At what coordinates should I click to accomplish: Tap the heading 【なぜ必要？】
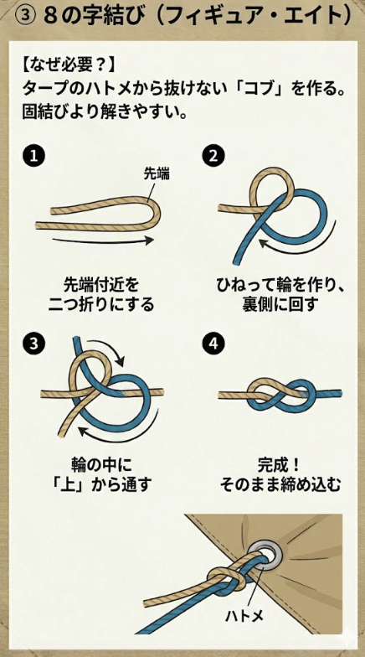pyautogui.click(x=67, y=65)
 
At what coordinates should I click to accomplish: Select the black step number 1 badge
pyautogui.click(x=34, y=156)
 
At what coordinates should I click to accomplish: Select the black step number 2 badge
pyautogui.click(x=214, y=156)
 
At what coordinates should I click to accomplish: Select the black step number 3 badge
pyautogui.click(x=34, y=344)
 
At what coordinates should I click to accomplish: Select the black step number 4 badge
pyautogui.click(x=214, y=344)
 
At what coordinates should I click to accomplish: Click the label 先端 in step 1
pyautogui.click(x=157, y=174)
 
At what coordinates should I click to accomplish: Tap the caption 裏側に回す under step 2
pyautogui.click(x=281, y=304)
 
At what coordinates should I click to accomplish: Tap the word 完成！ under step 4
pyautogui.click(x=281, y=465)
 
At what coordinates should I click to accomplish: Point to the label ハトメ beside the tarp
pyautogui.click(x=243, y=616)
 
